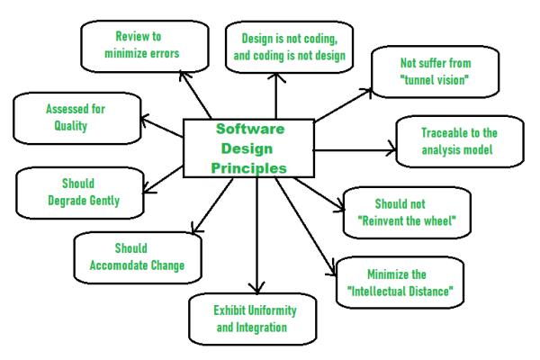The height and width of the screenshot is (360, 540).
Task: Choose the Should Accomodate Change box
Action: click(x=137, y=256)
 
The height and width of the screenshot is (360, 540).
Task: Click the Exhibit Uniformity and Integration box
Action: click(x=255, y=318)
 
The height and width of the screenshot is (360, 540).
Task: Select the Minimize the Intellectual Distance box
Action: click(x=398, y=283)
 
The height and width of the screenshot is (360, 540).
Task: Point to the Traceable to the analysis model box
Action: click(x=459, y=141)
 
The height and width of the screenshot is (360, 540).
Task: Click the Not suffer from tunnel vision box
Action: click(x=436, y=71)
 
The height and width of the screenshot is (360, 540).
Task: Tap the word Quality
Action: click(x=70, y=126)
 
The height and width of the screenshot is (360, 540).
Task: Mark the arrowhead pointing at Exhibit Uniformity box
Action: click(x=259, y=286)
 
